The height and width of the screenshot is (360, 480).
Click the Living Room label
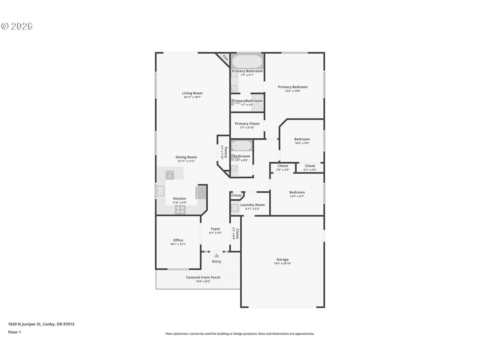[x=192, y=93]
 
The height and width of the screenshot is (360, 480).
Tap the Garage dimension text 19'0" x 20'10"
[x=282, y=263]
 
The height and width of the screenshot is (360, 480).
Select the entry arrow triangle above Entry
[x=217, y=255]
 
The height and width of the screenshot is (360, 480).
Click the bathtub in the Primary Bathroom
[x=247, y=61]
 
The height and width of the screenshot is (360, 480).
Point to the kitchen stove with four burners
[x=180, y=210]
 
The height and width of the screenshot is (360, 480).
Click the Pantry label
[x=226, y=152]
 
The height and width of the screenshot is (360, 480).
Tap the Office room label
[x=178, y=240]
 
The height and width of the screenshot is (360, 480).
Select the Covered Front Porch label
[x=203, y=277]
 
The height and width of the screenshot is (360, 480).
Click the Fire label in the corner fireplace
[x=225, y=58]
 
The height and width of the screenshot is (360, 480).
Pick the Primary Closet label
[x=247, y=124]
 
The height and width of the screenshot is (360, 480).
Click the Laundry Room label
[x=252, y=205]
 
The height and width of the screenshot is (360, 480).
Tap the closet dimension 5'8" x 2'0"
[x=283, y=169]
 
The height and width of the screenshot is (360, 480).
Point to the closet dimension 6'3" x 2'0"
[x=310, y=169]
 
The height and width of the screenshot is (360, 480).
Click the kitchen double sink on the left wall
[x=160, y=191]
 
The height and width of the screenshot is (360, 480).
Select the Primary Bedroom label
[x=292, y=87]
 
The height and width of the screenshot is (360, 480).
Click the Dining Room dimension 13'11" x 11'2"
[x=186, y=161]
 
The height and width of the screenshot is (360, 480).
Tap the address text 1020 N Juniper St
[x=25, y=324]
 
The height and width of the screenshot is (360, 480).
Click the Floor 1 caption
[x=14, y=332]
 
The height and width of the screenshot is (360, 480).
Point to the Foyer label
[x=215, y=229]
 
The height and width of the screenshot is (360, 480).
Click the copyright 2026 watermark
[x=17, y=26]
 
